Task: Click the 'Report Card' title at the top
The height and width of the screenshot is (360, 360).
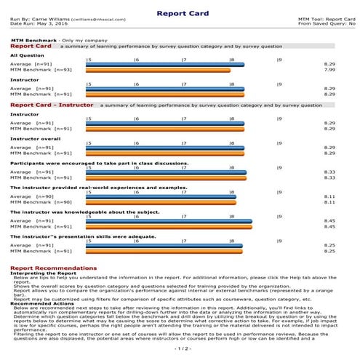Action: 180,12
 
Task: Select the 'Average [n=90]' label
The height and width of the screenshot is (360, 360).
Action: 33,196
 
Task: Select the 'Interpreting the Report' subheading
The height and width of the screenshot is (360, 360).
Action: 41,273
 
